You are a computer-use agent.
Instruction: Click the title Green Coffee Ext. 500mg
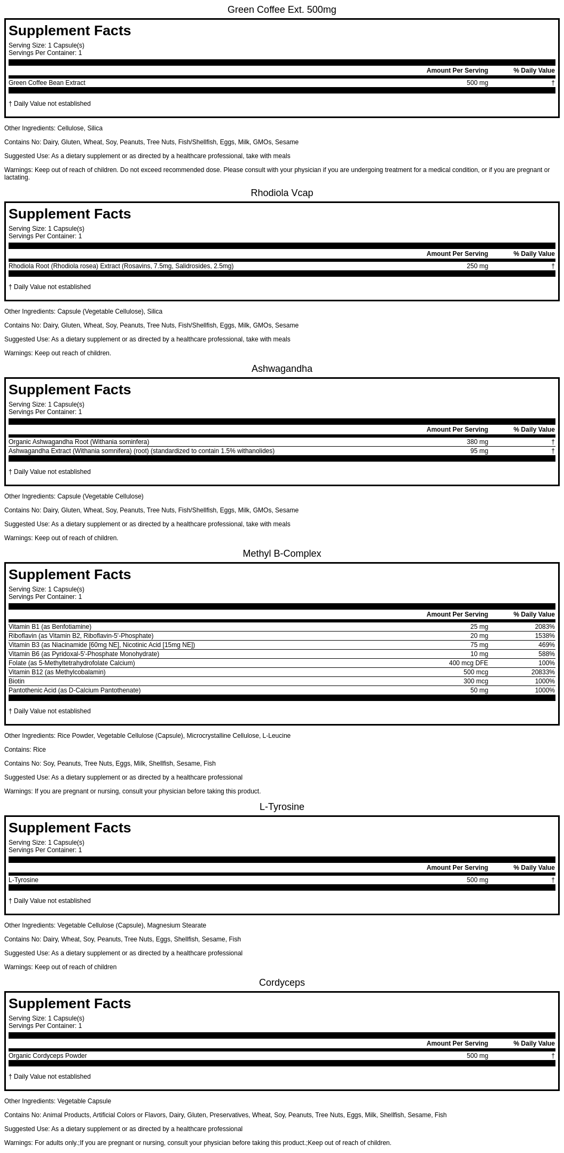(281, 10)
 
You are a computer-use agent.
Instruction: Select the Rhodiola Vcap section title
(281, 193)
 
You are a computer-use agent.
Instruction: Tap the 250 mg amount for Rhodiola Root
(477, 266)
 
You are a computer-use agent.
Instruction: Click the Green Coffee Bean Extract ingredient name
(47, 83)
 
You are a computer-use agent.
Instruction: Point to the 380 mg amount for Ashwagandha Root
(477, 442)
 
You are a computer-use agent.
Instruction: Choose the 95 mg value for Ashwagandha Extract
(479, 451)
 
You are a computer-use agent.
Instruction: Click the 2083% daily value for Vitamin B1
(544, 627)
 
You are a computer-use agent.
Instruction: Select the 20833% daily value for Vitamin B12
(543, 672)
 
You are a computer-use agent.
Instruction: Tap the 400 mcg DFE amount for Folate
(468, 663)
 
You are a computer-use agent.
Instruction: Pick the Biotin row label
(17, 681)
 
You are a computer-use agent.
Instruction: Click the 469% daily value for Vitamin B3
(546, 645)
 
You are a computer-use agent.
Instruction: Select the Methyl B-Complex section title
(281, 554)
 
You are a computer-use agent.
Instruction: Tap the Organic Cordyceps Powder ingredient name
(48, 1056)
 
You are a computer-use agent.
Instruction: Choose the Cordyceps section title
(281, 983)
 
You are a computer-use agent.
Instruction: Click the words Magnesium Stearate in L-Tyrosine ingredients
(176, 925)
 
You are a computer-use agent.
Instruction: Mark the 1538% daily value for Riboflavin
(544, 636)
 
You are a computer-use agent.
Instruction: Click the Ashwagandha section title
(281, 369)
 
